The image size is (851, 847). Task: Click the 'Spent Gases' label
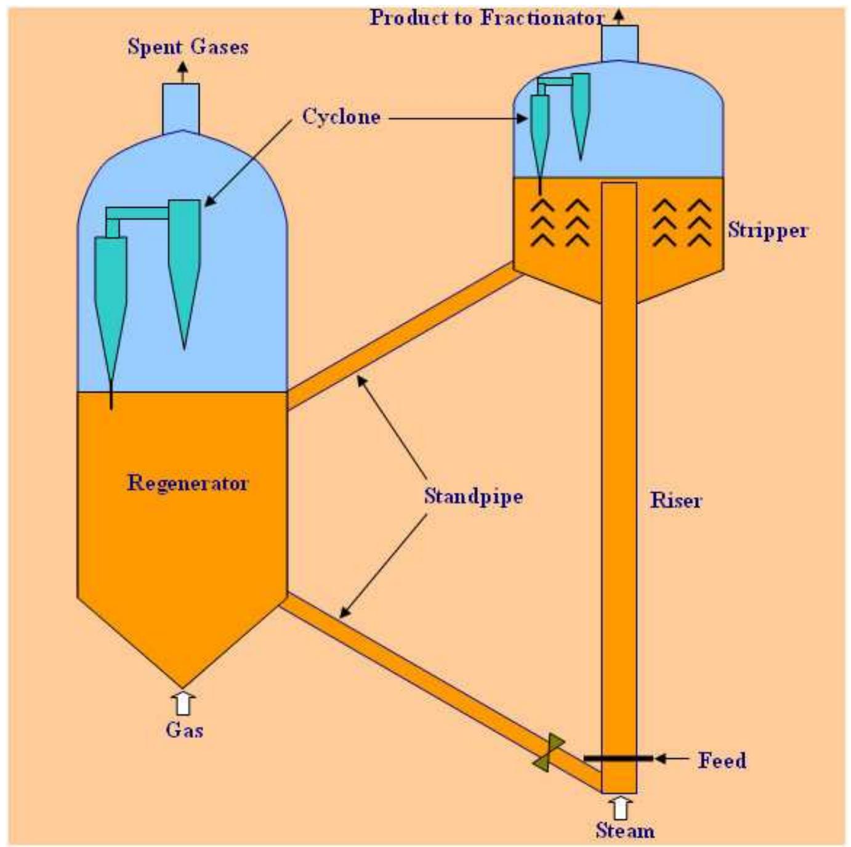pyautogui.click(x=188, y=47)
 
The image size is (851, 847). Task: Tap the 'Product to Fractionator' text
pyautogui.click(x=486, y=18)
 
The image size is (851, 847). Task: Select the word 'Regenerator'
pyautogui.click(x=188, y=483)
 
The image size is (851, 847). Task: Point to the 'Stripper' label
pyautogui.click(x=767, y=231)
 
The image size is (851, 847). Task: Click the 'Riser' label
pyautogui.click(x=676, y=500)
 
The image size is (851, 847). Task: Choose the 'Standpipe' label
pyautogui.click(x=473, y=496)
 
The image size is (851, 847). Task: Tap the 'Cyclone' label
pyautogui.click(x=341, y=117)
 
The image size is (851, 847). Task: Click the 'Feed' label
pyautogui.click(x=722, y=761)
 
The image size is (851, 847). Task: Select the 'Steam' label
pyautogui.click(x=624, y=831)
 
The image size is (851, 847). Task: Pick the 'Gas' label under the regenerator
pyautogui.click(x=184, y=730)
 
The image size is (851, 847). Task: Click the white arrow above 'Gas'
pyautogui.click(x=184, y=703)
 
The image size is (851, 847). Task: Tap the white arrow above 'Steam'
pyautogui.click(x=621, y=808)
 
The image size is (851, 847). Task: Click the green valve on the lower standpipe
pyautogui.click(x=549, y=752)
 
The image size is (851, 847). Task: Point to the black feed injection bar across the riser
pyautogui.click(x=618, y=758)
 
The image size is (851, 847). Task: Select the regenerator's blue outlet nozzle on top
pyautogui.click(x=181, y=108)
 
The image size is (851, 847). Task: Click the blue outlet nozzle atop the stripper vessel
pyautogui.click(x=619, y=43)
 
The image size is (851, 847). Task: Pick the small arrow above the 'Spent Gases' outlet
pyautogui.click(x=182, y=72)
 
